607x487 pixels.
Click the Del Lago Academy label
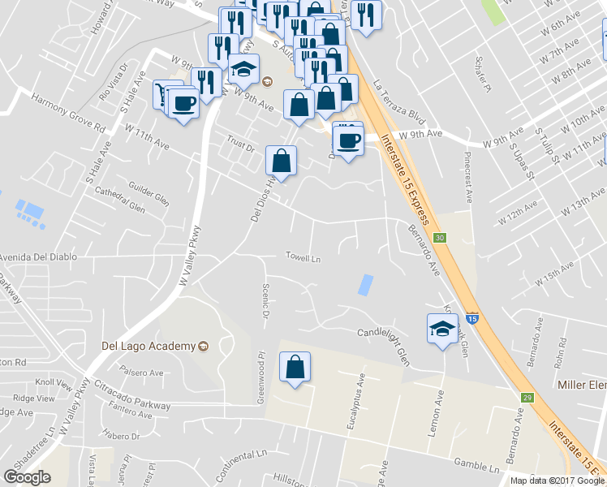coord(149,347)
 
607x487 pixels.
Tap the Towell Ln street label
coord(303,258)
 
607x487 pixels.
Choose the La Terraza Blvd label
coord(399,98)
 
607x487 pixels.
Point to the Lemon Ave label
coord(435,412)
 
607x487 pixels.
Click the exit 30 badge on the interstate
coord(439,238)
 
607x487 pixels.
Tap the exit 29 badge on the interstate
coord(527,397)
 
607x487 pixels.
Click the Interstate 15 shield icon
coord(472,320)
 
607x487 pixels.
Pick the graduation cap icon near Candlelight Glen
coord(442,330)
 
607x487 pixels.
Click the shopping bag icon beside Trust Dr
coord(281,161)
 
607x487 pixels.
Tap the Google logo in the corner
coord(27,477)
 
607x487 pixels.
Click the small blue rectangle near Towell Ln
coord(366,285)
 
